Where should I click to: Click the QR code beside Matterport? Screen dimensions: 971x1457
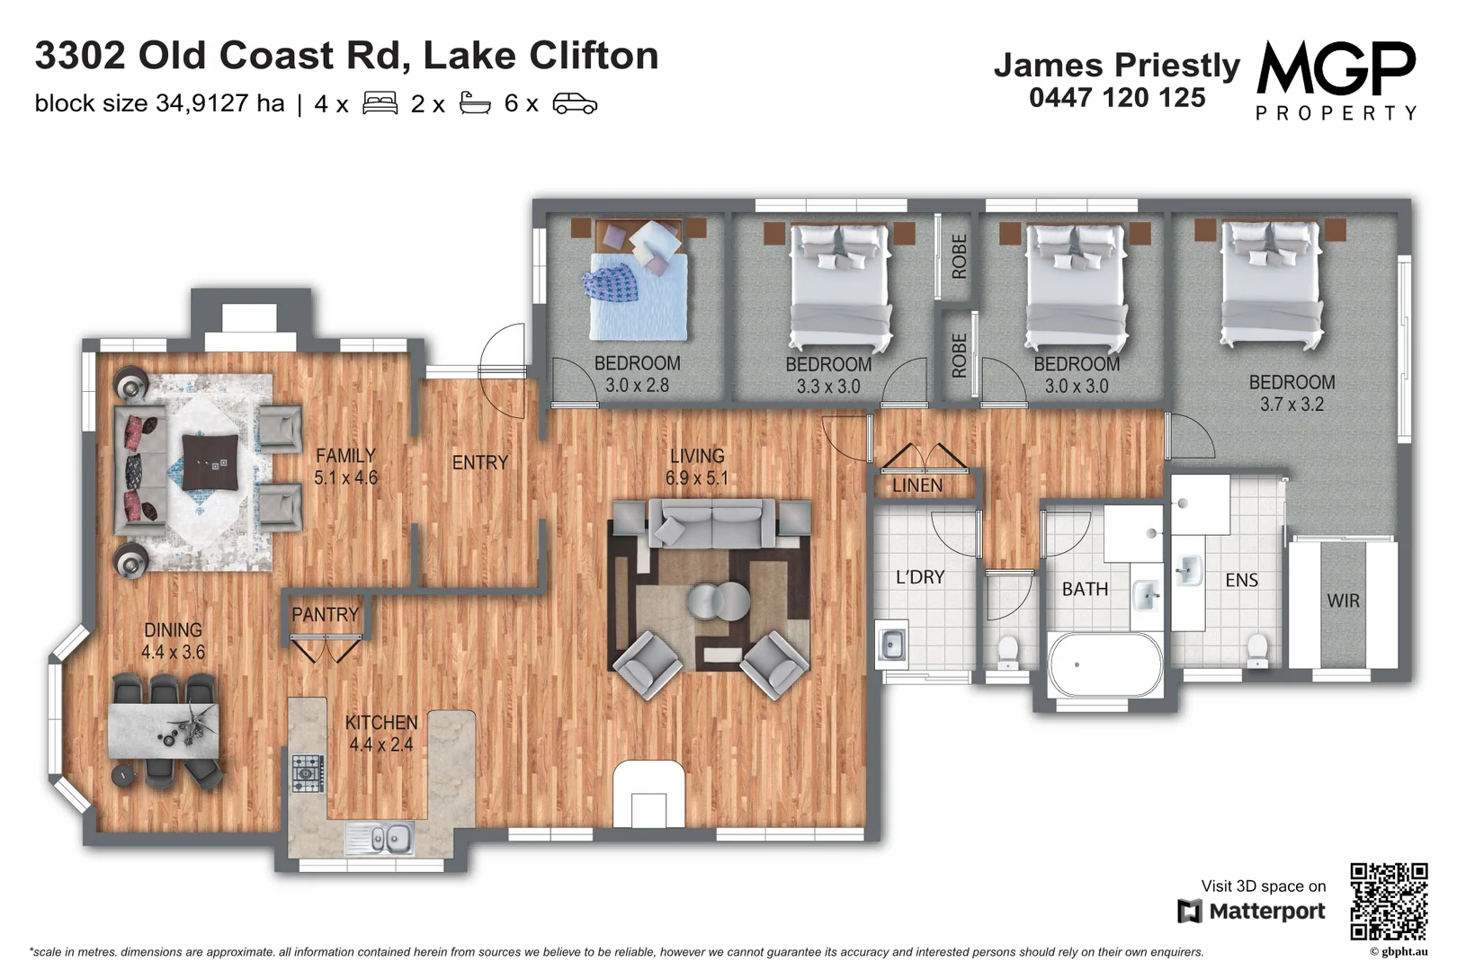[1389, 900]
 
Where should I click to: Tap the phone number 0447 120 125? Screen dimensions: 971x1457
[1117, 98]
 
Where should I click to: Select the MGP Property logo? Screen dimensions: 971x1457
[1336, 79]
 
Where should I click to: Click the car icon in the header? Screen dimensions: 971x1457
[575, 103]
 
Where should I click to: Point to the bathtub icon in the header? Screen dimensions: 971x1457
[475, 103]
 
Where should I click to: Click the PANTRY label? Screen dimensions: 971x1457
[325, 615]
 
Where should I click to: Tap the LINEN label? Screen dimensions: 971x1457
[917, 485]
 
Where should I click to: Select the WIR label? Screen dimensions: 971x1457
[1343, 601]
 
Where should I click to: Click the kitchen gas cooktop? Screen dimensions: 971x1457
[307, 773]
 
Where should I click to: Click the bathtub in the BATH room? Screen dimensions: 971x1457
[1105, 665]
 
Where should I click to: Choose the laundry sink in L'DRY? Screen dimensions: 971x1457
[891, 644]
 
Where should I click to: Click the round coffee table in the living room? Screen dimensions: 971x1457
[719, 601]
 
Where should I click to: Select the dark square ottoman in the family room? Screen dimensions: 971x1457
[210, 461]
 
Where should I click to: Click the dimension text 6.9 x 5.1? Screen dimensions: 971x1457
[697, 478]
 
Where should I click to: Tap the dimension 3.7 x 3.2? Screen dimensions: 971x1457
[1292, 405]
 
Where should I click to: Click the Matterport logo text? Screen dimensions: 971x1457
[1265, 911]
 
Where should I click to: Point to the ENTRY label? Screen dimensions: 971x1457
[480, 462]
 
